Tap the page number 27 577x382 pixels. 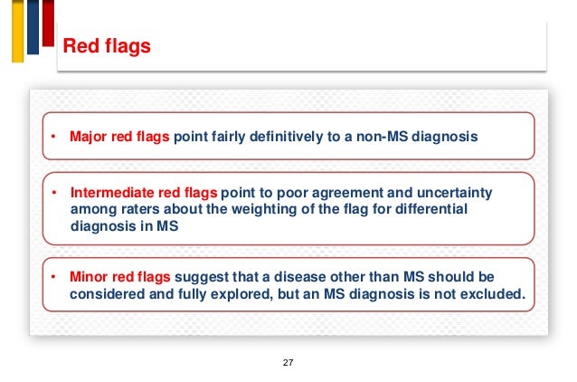coord(288,362)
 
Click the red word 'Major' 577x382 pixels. coord(89,138)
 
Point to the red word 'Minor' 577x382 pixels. coord(88,278)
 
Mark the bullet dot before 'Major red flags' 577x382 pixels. coord(53,138)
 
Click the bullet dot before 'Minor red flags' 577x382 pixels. coord(53,278)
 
